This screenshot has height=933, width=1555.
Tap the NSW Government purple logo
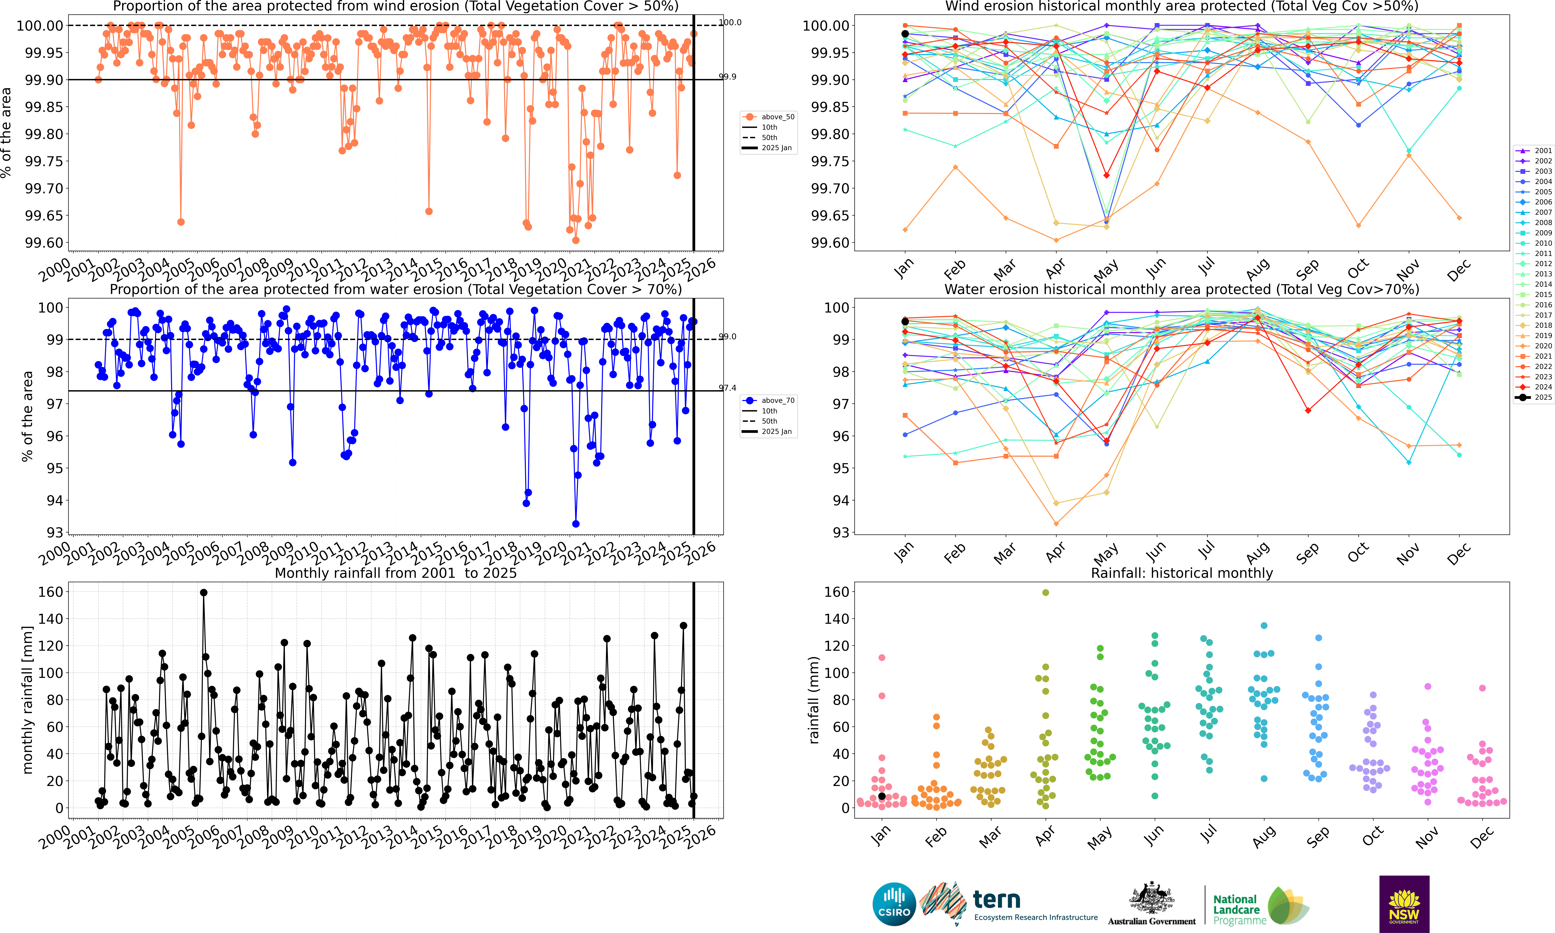(x=1404, y=903)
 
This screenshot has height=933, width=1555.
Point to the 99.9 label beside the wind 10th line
(x=727, y=77)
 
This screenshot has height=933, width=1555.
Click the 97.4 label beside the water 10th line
(x=727, y=388)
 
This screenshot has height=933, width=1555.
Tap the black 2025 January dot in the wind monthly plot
(x=905, y=34)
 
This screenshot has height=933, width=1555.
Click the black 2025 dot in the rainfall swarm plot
(x=882, y=796)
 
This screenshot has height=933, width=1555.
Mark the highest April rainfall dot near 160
(x=1046, y=592)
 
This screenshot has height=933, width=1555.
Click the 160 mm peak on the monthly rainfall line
(x=203, y=592)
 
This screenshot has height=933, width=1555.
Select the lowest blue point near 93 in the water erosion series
(x=575, y=524)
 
